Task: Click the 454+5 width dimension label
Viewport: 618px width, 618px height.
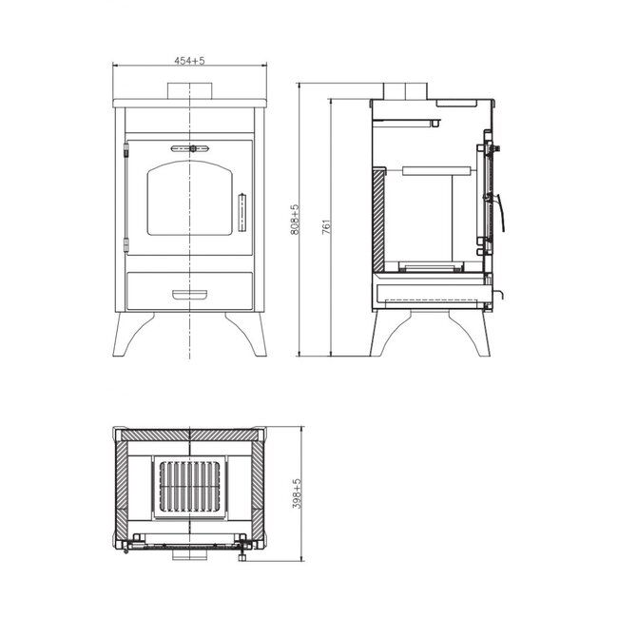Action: [189, 61]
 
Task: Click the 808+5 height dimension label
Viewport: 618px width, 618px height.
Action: [295, 220]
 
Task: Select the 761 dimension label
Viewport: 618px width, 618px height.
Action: [326, 226]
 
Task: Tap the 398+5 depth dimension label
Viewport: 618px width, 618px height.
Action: [297, 493]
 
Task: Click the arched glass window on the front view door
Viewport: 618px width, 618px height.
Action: [189, 199]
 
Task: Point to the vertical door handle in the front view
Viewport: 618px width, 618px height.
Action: [242, 212]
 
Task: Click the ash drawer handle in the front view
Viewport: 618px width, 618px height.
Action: [189, 294]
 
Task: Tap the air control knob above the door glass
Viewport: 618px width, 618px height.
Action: [193, 148]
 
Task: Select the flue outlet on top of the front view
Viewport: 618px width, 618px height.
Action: [189, 91]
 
